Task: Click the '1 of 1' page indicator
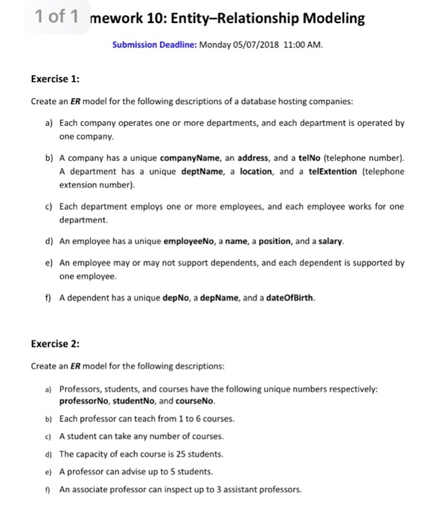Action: pos(59,17)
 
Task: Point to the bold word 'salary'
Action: pos(328,241)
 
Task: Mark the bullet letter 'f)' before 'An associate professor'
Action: pos(48,489)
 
